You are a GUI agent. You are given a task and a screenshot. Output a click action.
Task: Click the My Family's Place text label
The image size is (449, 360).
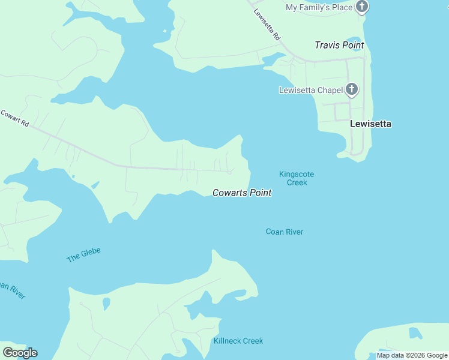(x=318, y=7)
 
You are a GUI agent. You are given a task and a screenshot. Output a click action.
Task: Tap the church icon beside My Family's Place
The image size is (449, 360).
(x=361, y=7)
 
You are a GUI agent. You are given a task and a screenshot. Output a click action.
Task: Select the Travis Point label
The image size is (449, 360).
(x=339, y=45)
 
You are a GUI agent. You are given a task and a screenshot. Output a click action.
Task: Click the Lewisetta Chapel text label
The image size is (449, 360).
(x=310, y=91)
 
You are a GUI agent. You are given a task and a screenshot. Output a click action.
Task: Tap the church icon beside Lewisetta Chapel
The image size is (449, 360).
(x=352, y=90)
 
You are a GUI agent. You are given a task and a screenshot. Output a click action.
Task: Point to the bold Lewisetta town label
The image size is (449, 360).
(x=370, y=124)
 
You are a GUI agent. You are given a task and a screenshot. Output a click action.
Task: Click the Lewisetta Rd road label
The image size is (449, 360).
(x=267, y=25)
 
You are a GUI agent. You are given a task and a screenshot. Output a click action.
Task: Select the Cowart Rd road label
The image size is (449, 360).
(x=15, y=118)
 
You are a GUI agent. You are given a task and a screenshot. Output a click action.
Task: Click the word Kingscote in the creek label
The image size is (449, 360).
(x=297, y=174)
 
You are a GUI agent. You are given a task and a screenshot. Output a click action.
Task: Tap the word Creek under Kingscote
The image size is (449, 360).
(x=297, y=182)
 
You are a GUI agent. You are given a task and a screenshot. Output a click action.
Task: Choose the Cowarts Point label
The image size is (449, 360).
(x=242, y=193)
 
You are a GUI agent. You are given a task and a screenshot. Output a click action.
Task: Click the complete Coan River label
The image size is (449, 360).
(x=285, y=232)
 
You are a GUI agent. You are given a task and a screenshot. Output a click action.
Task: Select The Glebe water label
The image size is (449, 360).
(x=83, y=254)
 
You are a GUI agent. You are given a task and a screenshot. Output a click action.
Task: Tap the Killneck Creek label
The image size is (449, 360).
(x=238, y=341)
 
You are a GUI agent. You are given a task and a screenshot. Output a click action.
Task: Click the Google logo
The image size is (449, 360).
(x=20, y=353)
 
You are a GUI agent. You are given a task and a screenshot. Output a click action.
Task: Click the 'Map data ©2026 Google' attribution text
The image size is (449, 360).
(x=412, y=355)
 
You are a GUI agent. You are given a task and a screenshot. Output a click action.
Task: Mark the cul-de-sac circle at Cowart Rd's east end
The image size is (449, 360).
(x=231, y=172)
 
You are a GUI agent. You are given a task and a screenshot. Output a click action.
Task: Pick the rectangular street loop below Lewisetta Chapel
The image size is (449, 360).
(x=342, y=111)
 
